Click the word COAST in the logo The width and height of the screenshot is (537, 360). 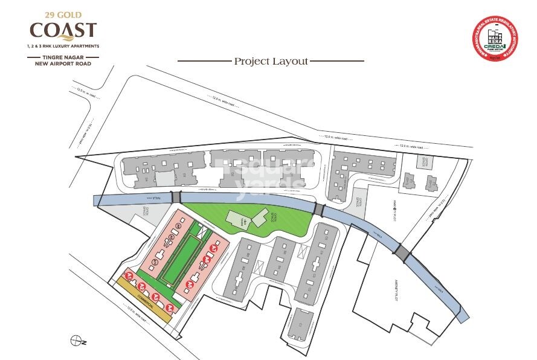(63, 30)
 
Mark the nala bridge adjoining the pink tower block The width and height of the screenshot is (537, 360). (176, 198)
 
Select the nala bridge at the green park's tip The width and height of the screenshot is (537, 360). (319, 209)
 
